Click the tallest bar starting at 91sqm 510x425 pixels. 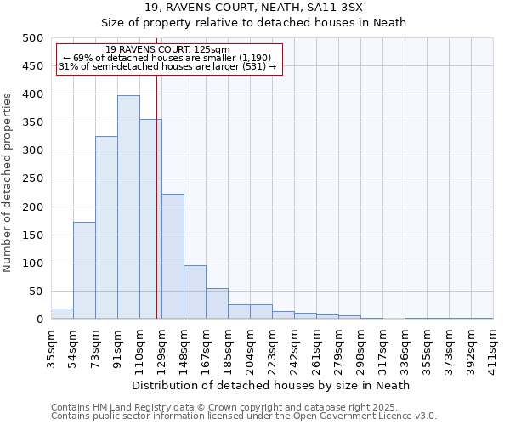click(x=128, y=207)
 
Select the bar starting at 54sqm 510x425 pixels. click(x=84, y=270)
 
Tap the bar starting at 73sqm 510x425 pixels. click(x=106, y=228)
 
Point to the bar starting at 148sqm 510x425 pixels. click(x=195, y=292)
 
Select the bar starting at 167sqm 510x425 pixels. click(x=217, y=304)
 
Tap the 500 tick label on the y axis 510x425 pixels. click(x=33, y=38)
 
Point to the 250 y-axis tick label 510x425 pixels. click(x=33, y=179)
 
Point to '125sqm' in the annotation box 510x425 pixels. click(x=212, y=50)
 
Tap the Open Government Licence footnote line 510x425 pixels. click(x=243, y=416)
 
